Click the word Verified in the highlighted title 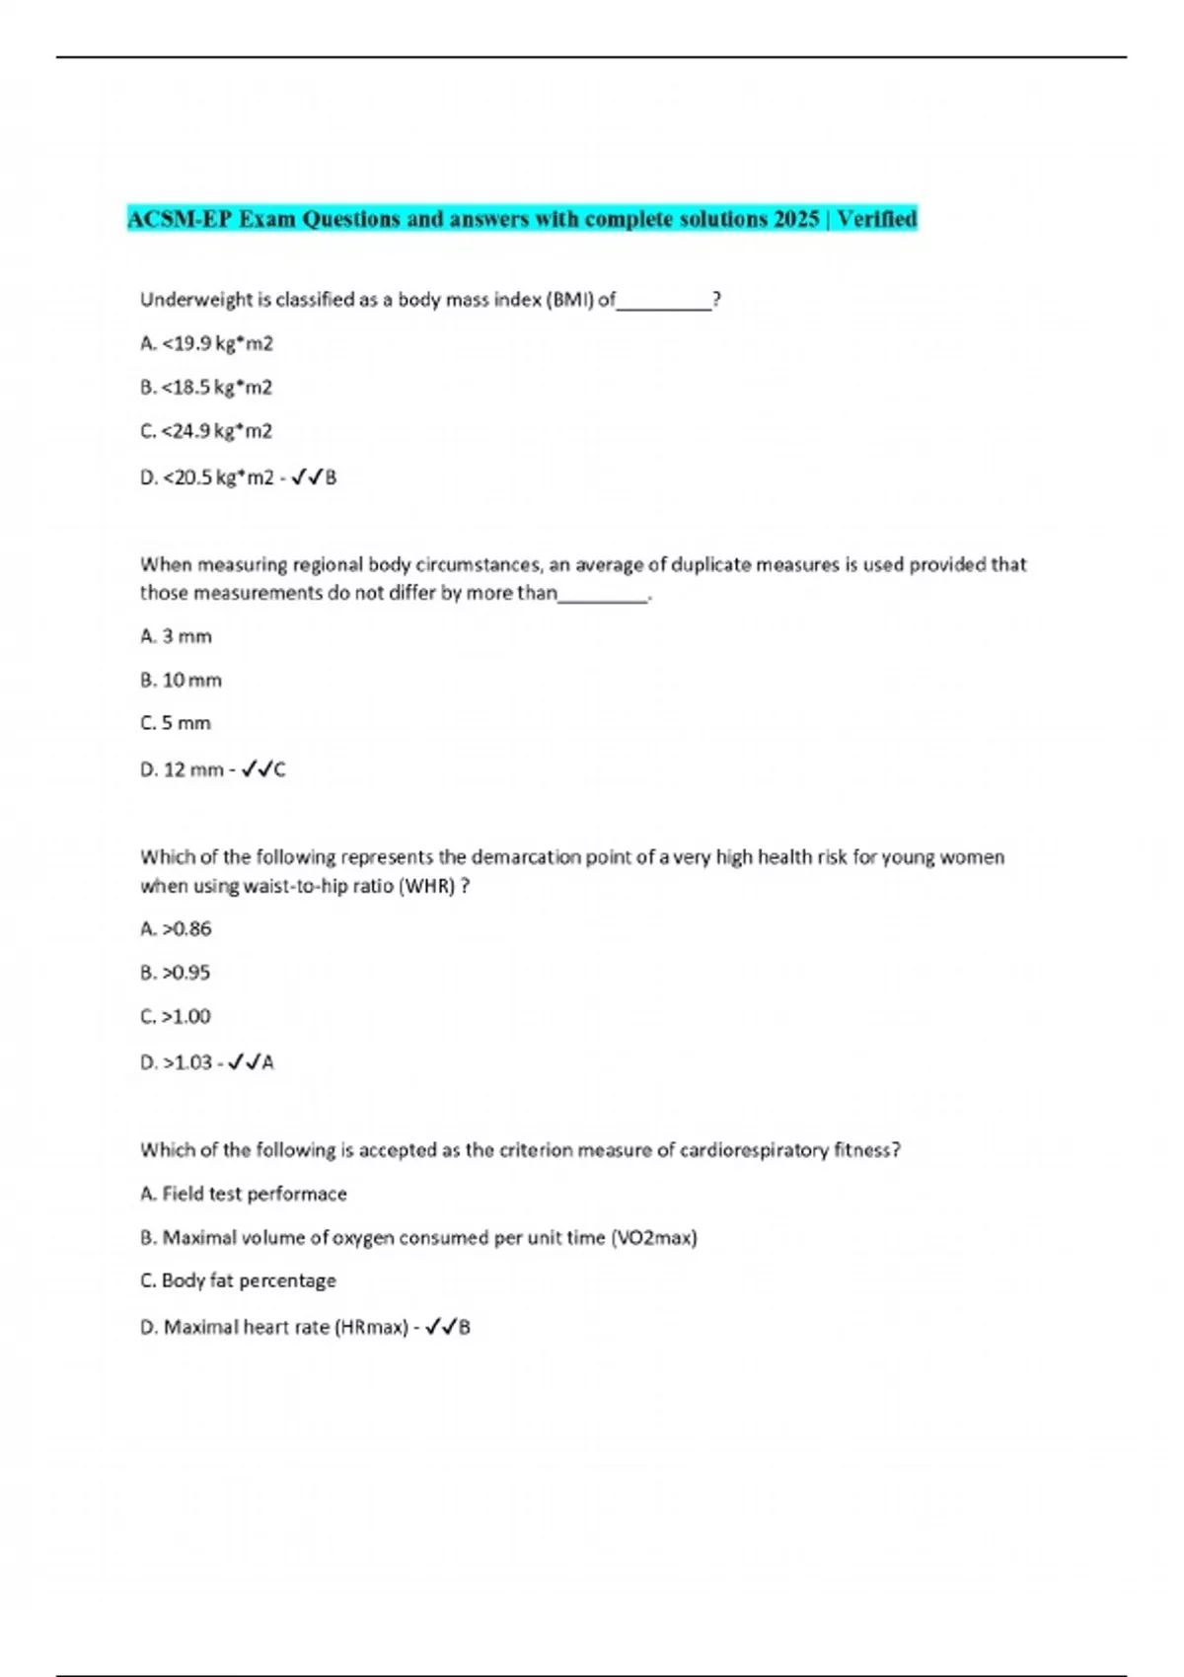coord(877,218)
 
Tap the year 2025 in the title coord(795,218)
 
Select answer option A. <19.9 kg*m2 coord(207,343)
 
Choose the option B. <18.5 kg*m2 coord(207,387)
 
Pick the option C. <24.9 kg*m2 coord(207,430)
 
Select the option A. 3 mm coord(177,636)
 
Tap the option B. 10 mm coord(182,680)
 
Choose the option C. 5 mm coord(177,723)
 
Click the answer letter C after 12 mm coord(279,769)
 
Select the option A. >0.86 coord(177,928)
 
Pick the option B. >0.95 coord(177,973)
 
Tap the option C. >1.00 coord(177,1016)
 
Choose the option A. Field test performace coord(245,1194)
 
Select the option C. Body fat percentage coord(239,1280)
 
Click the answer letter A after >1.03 coord(268,1062)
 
